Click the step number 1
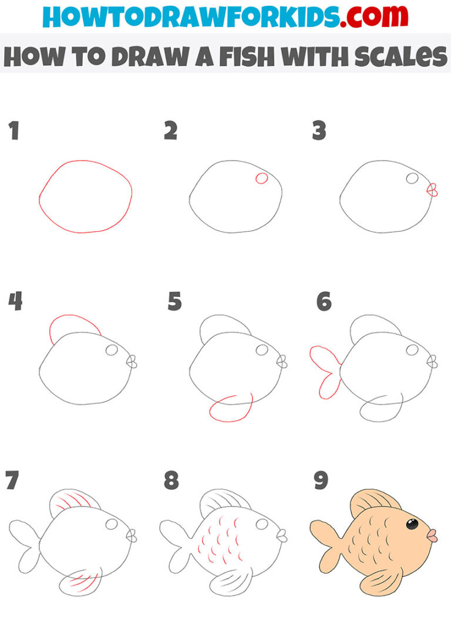[x=14, y=131]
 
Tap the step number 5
[x=174, y=302]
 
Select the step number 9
[x=321, y=480]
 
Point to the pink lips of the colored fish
[x=432, y=535]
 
